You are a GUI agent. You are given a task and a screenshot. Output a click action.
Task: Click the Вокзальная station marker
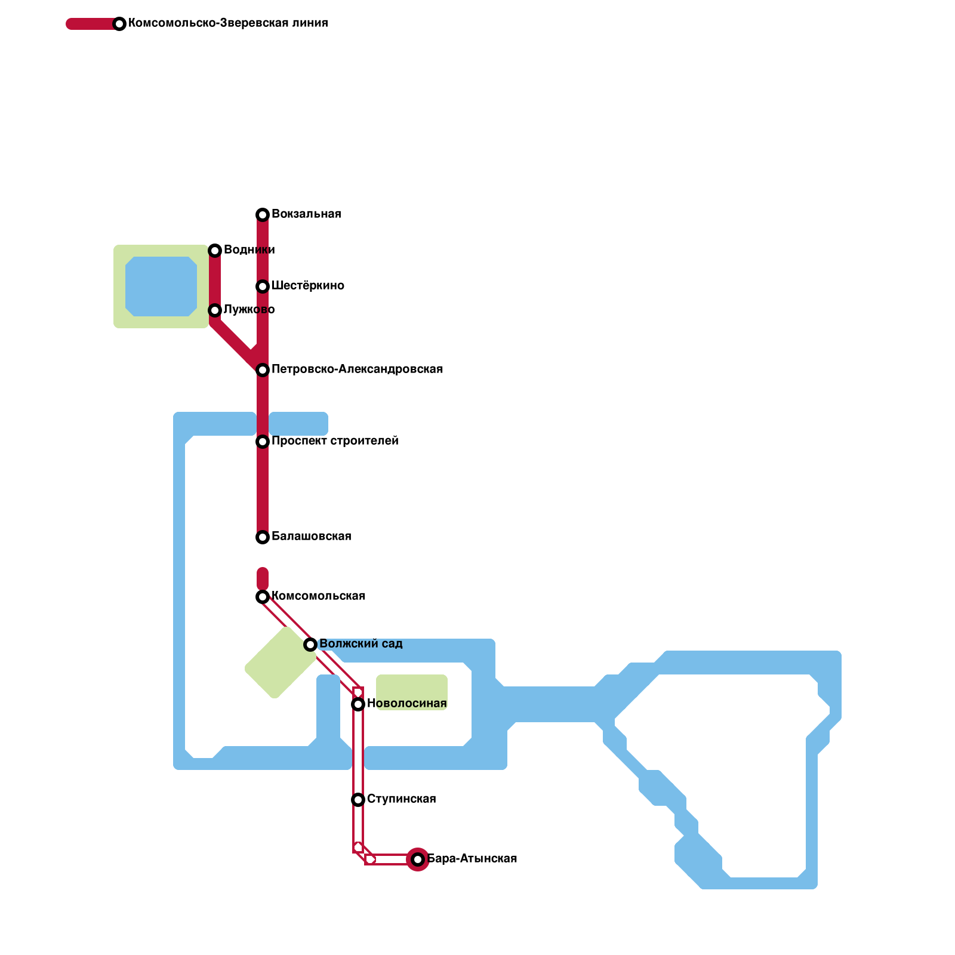(263, 215)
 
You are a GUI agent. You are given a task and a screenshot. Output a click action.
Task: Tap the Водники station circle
(215, 251)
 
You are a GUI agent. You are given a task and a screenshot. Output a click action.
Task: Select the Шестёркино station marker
(263, 286)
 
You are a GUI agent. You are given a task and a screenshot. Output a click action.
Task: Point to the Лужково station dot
(215, 310)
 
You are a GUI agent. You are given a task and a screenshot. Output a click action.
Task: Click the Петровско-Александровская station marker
(263, 370)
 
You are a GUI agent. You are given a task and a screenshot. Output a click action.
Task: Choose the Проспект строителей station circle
(263, 442)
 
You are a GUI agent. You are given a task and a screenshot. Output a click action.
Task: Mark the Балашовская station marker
(263, 537)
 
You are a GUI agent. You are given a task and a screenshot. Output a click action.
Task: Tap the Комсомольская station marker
(263, 597)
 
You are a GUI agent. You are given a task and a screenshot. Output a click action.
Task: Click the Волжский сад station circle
(310, 645)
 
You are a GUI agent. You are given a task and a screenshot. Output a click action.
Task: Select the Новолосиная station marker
(358, 704)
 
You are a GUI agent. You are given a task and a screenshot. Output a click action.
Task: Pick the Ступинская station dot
(358, 800)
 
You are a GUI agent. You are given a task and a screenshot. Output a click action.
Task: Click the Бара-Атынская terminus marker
(418, 860)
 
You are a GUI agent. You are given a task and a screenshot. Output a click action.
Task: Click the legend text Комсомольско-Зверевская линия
(228, 23)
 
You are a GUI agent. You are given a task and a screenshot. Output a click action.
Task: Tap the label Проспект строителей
(335, 441)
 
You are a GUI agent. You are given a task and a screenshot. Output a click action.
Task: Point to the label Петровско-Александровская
(357, 369)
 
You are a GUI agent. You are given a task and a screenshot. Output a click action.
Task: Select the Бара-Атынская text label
(472, 859)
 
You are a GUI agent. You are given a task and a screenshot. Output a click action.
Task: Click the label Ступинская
(401, 799)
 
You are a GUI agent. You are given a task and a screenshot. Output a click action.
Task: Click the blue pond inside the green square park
(161, 286)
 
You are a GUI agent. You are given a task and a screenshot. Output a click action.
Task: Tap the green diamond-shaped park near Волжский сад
(281, 663)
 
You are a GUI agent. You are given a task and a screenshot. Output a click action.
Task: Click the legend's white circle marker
(119, 24)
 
